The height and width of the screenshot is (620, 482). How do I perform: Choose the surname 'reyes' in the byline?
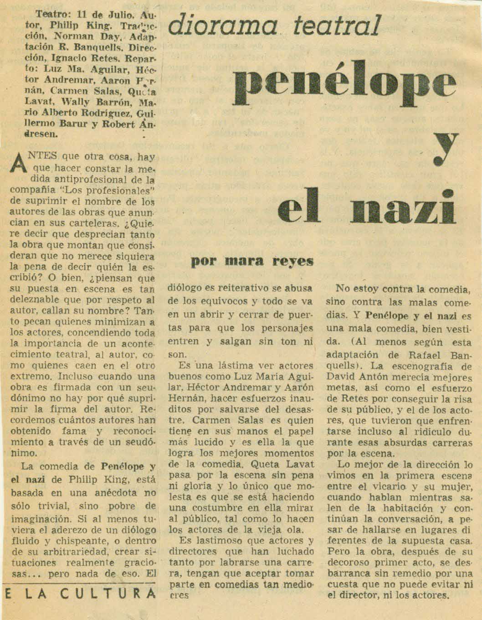pos(291,261)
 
